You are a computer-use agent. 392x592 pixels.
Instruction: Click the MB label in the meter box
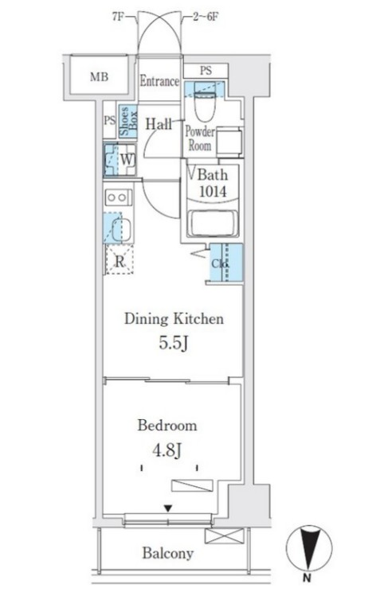pos(99,77)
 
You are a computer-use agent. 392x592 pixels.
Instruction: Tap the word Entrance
pos(159,81)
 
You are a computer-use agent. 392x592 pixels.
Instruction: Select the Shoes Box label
pos(128,121)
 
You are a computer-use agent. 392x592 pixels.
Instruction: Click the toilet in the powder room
pos(205,101)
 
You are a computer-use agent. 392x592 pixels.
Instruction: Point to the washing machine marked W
pos(120,160)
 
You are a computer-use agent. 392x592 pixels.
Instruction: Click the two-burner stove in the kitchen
pos(119,197)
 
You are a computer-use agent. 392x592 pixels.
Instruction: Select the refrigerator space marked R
pos(120,259)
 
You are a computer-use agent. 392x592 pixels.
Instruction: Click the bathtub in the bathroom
pos(214,224)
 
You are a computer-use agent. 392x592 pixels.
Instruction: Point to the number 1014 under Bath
pos(213,192)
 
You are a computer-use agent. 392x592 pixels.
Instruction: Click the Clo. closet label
pos(220,263)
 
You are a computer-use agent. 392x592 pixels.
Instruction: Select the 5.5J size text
pos(173,343)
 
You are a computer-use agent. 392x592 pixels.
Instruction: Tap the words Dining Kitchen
pos(174,319)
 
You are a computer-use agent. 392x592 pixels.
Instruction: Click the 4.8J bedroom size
pos(167,450)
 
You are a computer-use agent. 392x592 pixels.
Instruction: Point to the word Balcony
pos(168,554)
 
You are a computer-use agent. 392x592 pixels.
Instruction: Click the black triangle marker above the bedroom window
pos(168,508)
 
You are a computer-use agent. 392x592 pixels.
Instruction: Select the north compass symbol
pos(309,548)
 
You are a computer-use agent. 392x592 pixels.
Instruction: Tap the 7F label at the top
pos(119,17)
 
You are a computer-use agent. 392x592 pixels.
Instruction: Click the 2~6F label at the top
pos(206,17)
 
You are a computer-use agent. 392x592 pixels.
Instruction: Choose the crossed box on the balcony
pos(224,536)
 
